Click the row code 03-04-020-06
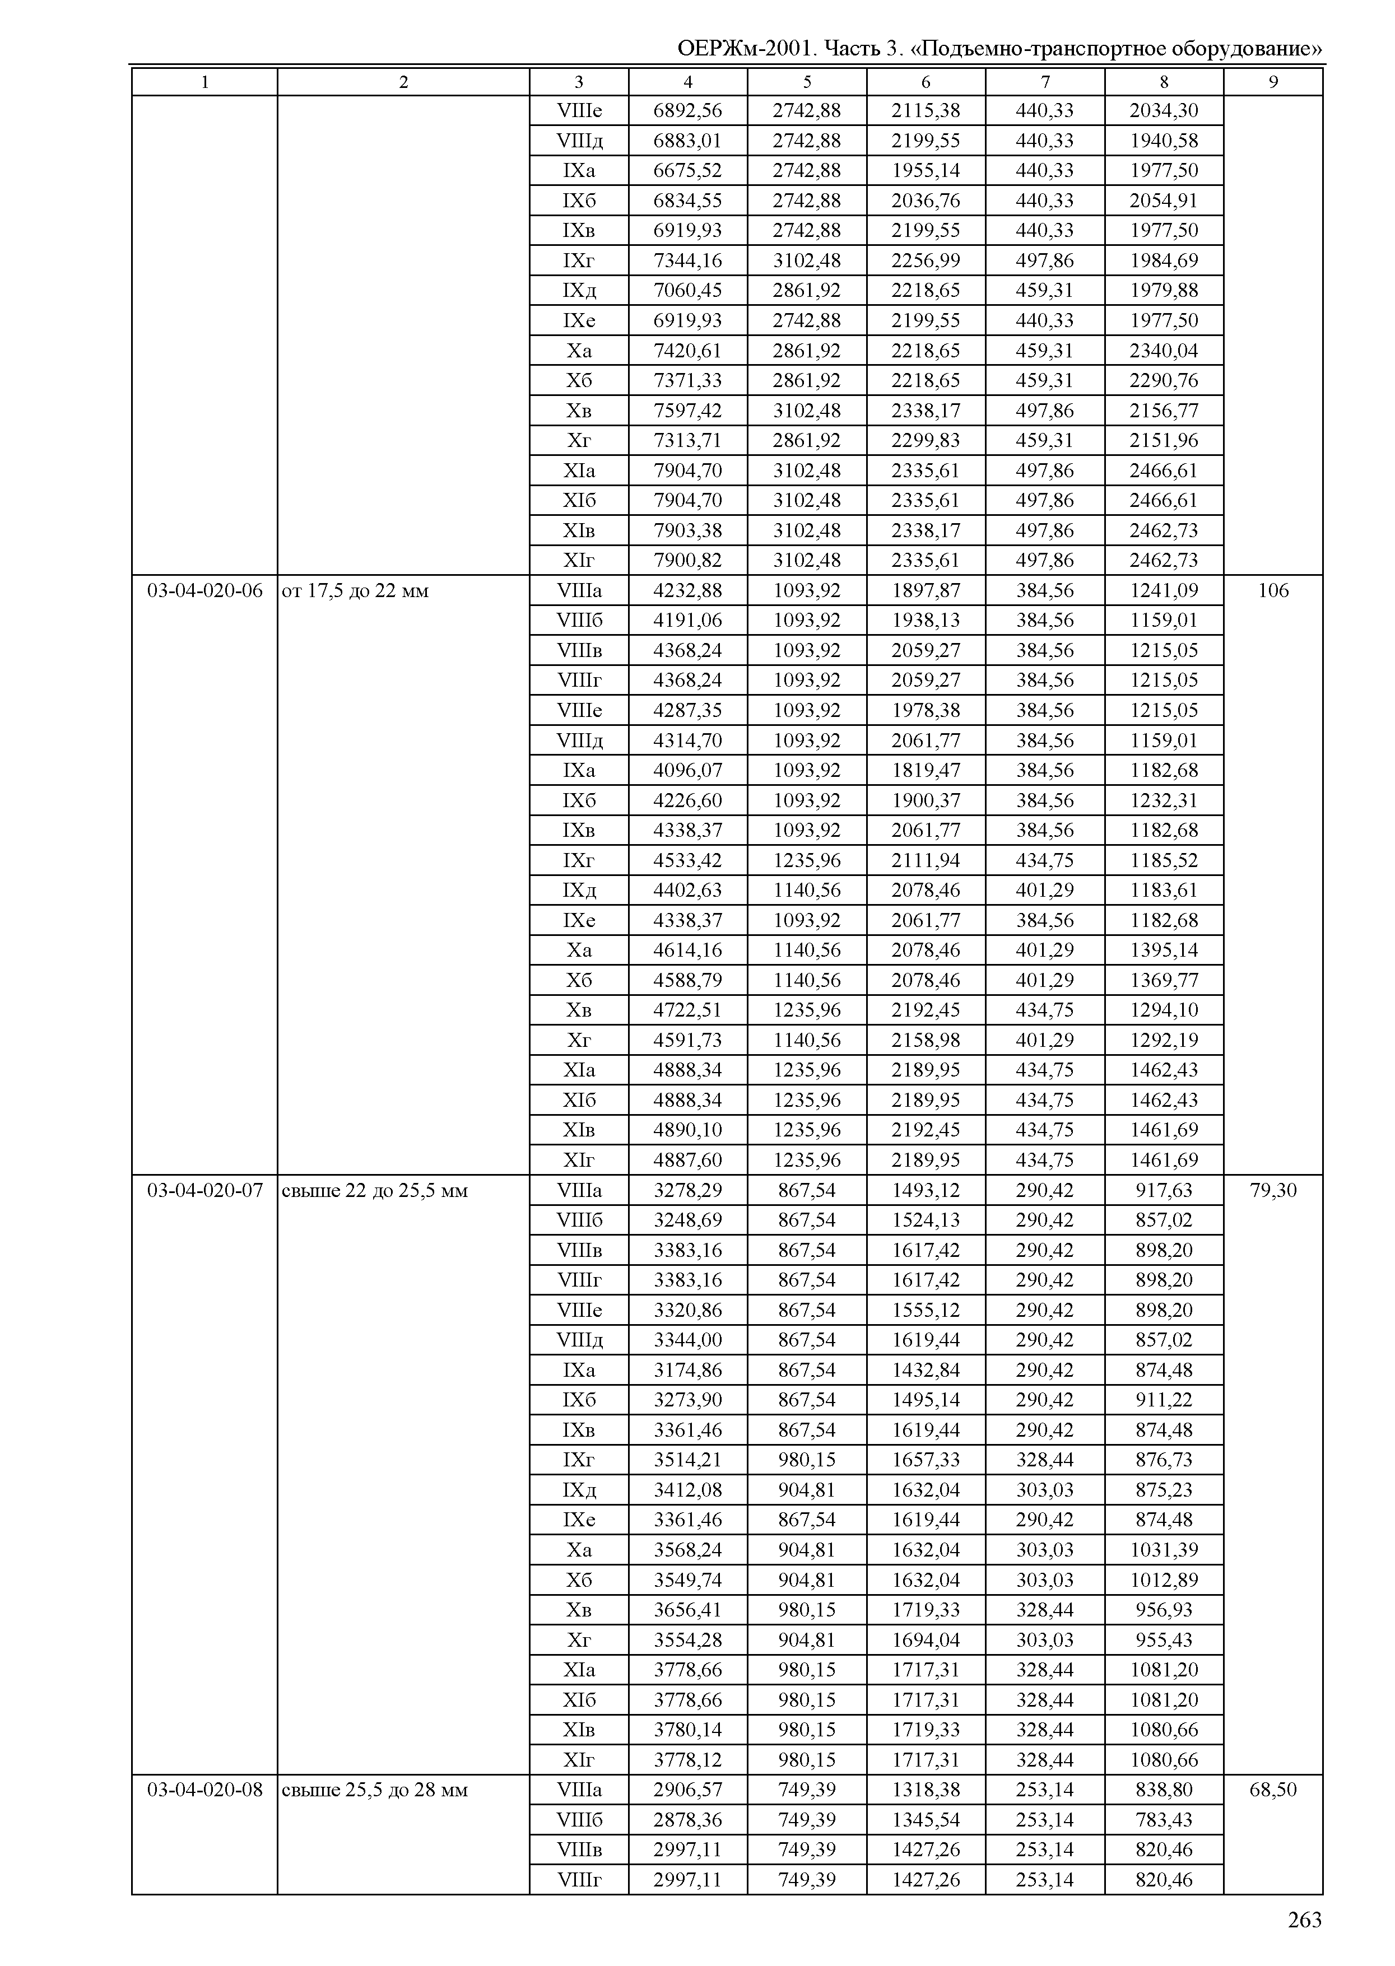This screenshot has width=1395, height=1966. click(x=204, y=591)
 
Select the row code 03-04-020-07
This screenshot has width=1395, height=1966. click(x=204, y=1190)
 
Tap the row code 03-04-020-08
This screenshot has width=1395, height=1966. click(x=204, y=1790)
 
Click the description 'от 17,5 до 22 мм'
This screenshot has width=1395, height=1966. click(x=355, y=591)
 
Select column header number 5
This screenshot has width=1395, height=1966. click(x=807, y=82)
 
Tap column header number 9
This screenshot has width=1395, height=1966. click(x=1273, y=82)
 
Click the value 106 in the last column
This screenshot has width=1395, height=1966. click(x=1273, y=591)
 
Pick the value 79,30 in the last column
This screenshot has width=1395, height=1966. click(x=1273, y=1190)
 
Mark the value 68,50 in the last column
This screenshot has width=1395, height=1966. click(x=1273, y=1790)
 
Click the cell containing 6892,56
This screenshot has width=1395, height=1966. click(x=687, y=111)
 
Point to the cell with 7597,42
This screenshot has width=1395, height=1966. click(x=687, y=411)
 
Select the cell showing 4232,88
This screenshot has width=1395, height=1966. click(x=687, y=591)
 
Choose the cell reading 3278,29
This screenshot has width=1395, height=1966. click(x=687, y=1190)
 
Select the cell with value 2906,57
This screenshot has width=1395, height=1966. click(x=687, y=1790)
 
